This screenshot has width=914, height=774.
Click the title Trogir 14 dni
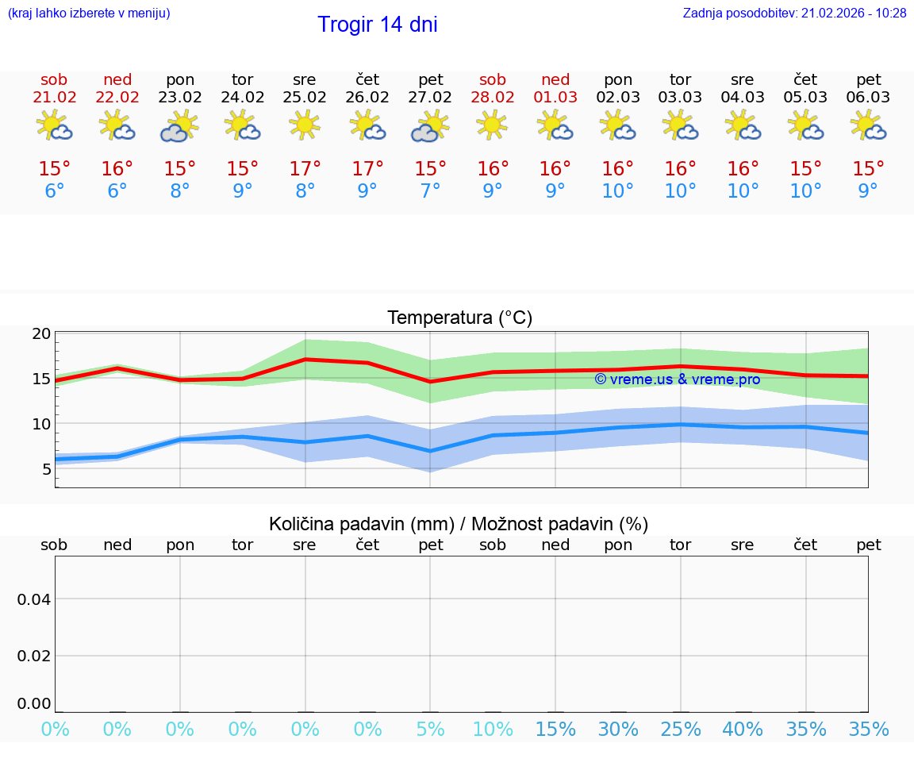pos(377,25)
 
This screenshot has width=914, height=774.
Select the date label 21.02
pos(54,98)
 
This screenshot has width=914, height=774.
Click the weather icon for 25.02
pos(305,125)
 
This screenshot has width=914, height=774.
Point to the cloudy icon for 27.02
pos(429,126)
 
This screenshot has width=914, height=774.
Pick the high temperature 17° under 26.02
pos(367,168)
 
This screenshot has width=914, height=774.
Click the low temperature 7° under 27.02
pos(430,191)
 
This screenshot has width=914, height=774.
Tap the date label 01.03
pos(555,98)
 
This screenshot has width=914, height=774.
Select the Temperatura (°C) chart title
pos(459,318)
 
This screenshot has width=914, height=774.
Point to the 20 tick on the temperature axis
pos(41,334)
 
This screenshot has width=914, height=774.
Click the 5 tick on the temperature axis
pos(46,469)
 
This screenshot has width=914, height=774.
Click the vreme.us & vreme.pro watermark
pos(677,379)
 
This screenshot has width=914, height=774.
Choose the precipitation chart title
pos(459,524)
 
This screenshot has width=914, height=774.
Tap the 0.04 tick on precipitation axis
pos(34,599)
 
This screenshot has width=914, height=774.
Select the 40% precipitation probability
pos(743,730)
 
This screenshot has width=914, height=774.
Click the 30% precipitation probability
pos(618,730)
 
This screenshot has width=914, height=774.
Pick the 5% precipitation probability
pos(430,730)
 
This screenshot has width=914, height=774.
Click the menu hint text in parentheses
pos(89,13)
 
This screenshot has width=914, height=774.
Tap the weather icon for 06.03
pos(868,125)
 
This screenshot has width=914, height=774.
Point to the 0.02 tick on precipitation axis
pos(34,656)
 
